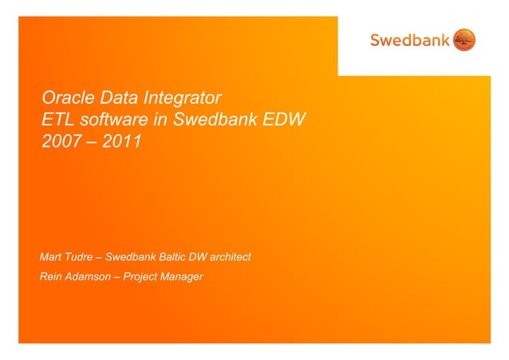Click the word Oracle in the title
pyautogui.click(x=69, y=100)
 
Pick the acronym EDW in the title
pyautogui.click(x=286, y=121)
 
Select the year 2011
pyautogui.click(x=120, y=143)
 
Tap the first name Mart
pyautogui.click(x=50, y=257)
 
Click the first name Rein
pyautogui.click(x=50, y=277)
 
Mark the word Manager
pyautogui.click(x=183, y=277)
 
